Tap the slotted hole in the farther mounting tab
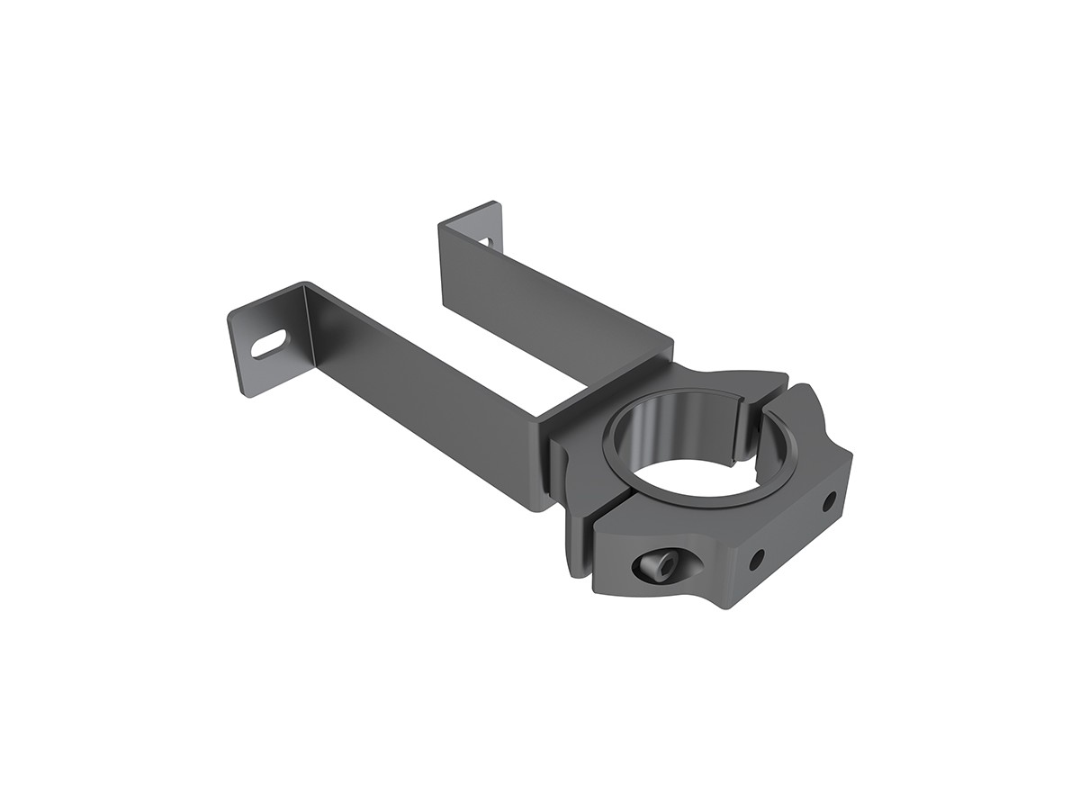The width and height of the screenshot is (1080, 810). point(486,241)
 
